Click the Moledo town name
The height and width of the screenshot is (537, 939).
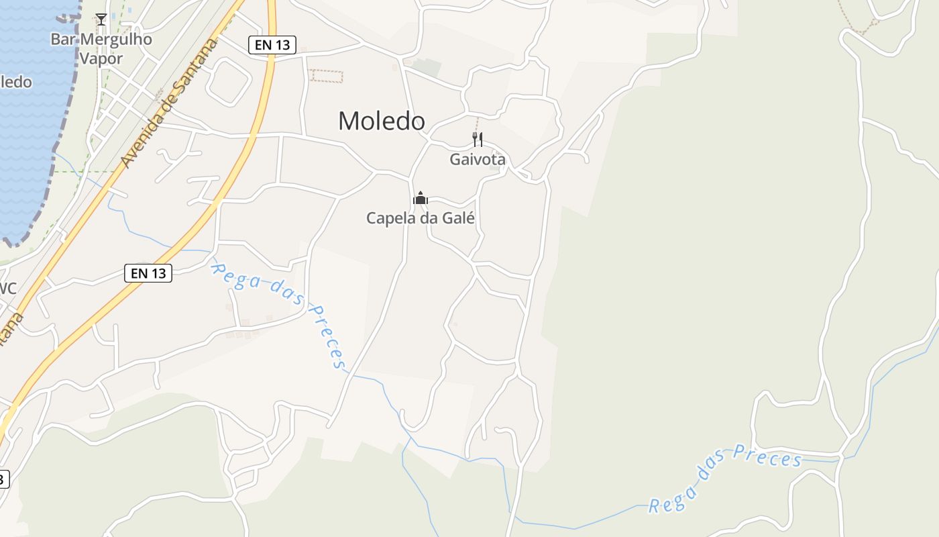[381, 121]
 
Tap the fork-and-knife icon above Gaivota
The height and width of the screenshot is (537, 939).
[478, 140]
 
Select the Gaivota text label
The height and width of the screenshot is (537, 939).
[478, 160]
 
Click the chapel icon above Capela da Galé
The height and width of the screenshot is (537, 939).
[421, 198]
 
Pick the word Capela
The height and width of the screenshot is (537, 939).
[388, 218]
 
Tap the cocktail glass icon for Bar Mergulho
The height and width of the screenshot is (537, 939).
[101, 19]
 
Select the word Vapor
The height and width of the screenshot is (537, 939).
[101, 58]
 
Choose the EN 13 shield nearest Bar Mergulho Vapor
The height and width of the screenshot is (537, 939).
[272, 45]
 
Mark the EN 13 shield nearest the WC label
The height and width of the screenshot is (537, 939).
[148, 273]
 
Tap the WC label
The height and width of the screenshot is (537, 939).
[7, 289]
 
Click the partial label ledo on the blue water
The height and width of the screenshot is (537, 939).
[15, 83]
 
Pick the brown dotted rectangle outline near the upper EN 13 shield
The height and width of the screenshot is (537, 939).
[326, 77]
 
